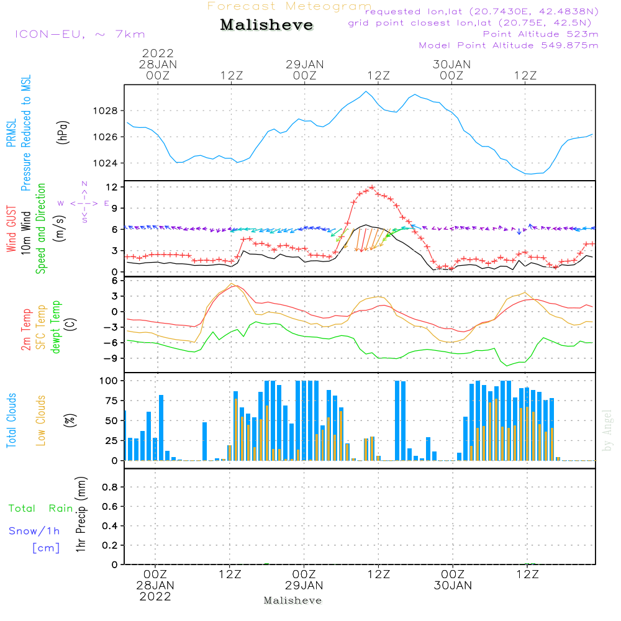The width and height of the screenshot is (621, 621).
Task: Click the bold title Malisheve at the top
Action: (267, 25)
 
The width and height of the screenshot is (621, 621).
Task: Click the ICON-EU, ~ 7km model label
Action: (79, 35)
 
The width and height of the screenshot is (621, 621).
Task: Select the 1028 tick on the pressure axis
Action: (107, 111)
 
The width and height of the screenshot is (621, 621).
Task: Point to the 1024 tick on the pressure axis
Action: (107, 163)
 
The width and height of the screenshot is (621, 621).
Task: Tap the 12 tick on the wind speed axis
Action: (112, 187)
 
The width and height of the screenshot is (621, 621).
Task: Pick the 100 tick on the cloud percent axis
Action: (109, 380)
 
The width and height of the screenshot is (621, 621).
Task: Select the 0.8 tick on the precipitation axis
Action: (111, 487)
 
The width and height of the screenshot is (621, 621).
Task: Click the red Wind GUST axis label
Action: (12, 230)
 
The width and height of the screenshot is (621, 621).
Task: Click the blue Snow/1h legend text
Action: (35, 531)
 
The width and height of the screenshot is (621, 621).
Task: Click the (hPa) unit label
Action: (63, 131)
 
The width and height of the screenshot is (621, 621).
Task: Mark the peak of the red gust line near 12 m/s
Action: (372, 187)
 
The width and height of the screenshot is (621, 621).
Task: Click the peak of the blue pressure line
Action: (366, 92)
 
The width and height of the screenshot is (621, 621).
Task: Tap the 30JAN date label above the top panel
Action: (451, 65)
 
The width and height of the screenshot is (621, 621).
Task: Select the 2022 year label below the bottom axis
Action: (155, 596)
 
